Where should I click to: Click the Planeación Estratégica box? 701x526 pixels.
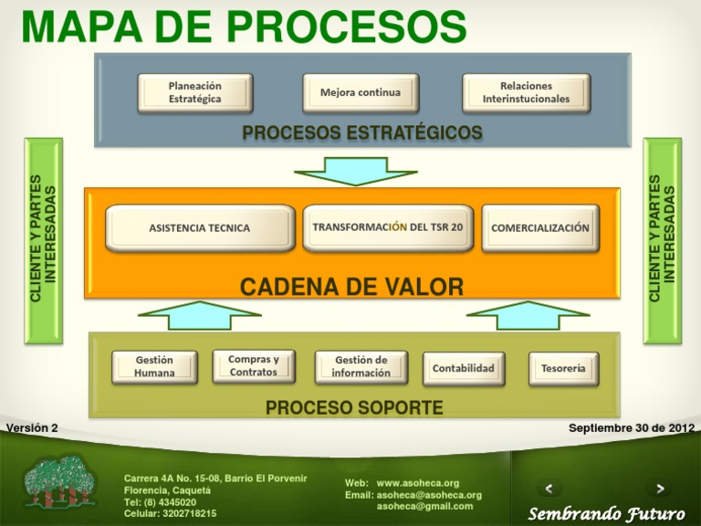pos(194,93)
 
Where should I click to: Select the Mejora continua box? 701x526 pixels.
pos(360,93)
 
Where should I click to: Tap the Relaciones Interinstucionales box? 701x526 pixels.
pos(526,93)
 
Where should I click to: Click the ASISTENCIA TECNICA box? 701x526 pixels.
pos(200,228)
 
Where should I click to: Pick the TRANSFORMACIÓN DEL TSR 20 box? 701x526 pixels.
pos(388,227)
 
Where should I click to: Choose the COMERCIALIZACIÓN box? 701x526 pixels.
pos(539,228)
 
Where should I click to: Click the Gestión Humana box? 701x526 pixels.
pos(154,366)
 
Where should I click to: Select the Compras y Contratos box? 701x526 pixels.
pos(253,365)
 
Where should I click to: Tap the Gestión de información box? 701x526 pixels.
pos(361,366)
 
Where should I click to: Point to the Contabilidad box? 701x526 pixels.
pos(464,369)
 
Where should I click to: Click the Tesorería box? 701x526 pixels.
pos(563,369)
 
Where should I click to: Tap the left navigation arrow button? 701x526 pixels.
pos(548,489)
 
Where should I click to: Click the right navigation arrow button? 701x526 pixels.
pos(659,489)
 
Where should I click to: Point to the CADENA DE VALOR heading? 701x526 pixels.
pos(351,289)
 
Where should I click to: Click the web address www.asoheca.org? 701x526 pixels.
pos(418,483)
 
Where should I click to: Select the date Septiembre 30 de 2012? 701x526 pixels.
pos(631,427)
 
